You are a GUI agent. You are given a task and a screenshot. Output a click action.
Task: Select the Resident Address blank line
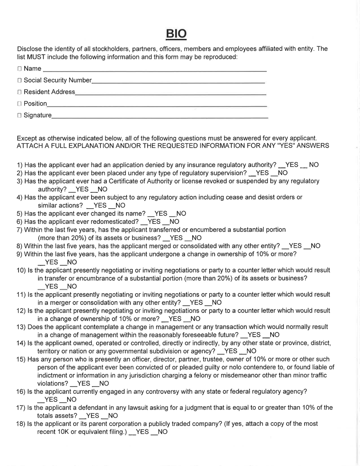(171, 92)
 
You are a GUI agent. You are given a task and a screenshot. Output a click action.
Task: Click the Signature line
(159, 115)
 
